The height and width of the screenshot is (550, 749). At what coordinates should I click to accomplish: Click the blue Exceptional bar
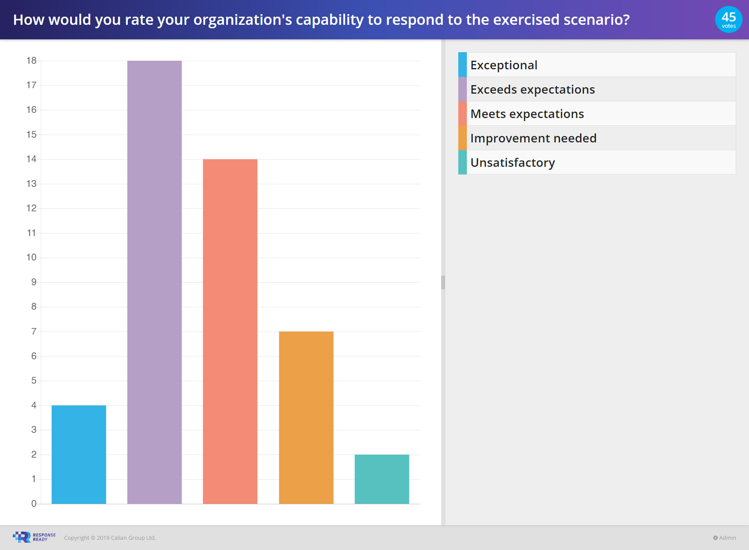79,454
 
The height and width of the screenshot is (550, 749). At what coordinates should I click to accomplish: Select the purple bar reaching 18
154,282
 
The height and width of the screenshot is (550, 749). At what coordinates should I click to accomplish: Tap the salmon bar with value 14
230,331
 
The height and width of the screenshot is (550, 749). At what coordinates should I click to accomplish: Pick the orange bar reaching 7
306,417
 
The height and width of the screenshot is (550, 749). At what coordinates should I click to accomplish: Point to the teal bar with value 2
382,479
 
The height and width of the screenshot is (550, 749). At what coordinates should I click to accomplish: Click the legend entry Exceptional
504,65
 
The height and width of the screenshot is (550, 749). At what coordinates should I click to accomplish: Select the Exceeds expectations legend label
532,89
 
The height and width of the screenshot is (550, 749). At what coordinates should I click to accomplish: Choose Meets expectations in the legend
527,114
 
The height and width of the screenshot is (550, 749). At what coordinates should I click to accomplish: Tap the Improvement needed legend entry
533,138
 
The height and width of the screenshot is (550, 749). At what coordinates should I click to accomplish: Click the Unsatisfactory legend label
512,163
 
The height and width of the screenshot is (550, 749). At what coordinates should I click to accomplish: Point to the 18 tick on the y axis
31,61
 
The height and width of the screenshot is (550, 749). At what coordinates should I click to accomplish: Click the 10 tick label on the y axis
31,257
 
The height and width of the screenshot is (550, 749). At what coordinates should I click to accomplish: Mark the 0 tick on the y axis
34,504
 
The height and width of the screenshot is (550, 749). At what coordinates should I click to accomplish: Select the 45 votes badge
728,20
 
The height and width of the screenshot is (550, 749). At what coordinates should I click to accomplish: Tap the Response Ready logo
34,537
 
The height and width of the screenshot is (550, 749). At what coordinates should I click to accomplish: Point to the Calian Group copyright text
110,538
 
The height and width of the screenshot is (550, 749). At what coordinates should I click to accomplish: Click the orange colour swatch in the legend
462,138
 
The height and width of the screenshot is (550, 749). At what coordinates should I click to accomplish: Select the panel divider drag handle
443,282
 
